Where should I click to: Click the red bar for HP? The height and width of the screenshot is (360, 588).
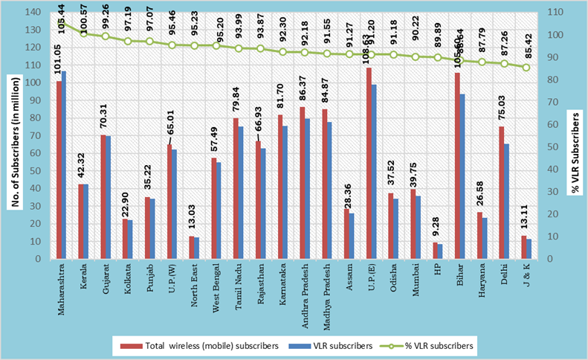click(435, 250)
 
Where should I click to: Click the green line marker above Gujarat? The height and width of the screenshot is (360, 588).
click(106, 36)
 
